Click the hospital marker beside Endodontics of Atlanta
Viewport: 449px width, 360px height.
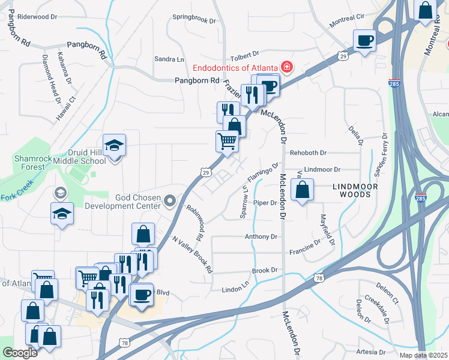point(288,66)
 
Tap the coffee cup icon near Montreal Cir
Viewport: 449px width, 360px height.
point(364,41)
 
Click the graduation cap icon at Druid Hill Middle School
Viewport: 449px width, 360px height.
point(114,146)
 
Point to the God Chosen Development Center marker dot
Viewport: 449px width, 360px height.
point(170,201)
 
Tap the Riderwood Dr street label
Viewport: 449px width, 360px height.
point(36,16)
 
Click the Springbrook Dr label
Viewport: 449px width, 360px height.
point(194,19)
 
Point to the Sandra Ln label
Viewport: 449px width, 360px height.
point(169,59)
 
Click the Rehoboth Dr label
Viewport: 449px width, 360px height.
point(308,153)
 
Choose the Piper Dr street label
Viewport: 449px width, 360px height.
point(265,203)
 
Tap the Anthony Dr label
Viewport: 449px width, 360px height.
point(261,237)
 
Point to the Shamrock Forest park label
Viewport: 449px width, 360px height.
point(30,163)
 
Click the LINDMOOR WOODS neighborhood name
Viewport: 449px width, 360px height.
point(359,190)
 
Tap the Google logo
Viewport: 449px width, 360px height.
point(20,353)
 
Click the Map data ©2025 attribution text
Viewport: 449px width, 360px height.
point(423,355)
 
